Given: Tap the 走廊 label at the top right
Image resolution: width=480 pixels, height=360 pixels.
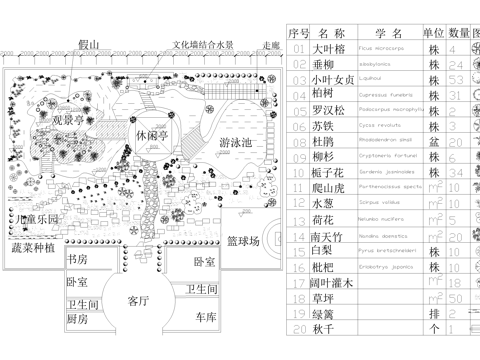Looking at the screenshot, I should [x=271, y=45].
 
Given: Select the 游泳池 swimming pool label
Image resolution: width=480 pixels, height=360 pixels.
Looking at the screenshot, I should [x=236, y=143].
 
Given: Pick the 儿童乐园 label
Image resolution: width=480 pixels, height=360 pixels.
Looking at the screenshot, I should [x=36, y=219].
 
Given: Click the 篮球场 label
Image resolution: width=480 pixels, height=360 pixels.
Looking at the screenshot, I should [x=243, y=241].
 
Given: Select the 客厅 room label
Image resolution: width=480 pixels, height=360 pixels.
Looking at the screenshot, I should [x=139, y=300].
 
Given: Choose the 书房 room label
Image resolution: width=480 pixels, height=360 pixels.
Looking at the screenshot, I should [x=77, y=259].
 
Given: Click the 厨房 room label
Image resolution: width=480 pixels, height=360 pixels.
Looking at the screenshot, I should [x=78, y=318].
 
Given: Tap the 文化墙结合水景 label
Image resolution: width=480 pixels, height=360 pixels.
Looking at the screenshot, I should [x=203, y=45].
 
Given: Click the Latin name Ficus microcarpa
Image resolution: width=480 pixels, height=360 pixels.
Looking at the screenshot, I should [x=382, y=48].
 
